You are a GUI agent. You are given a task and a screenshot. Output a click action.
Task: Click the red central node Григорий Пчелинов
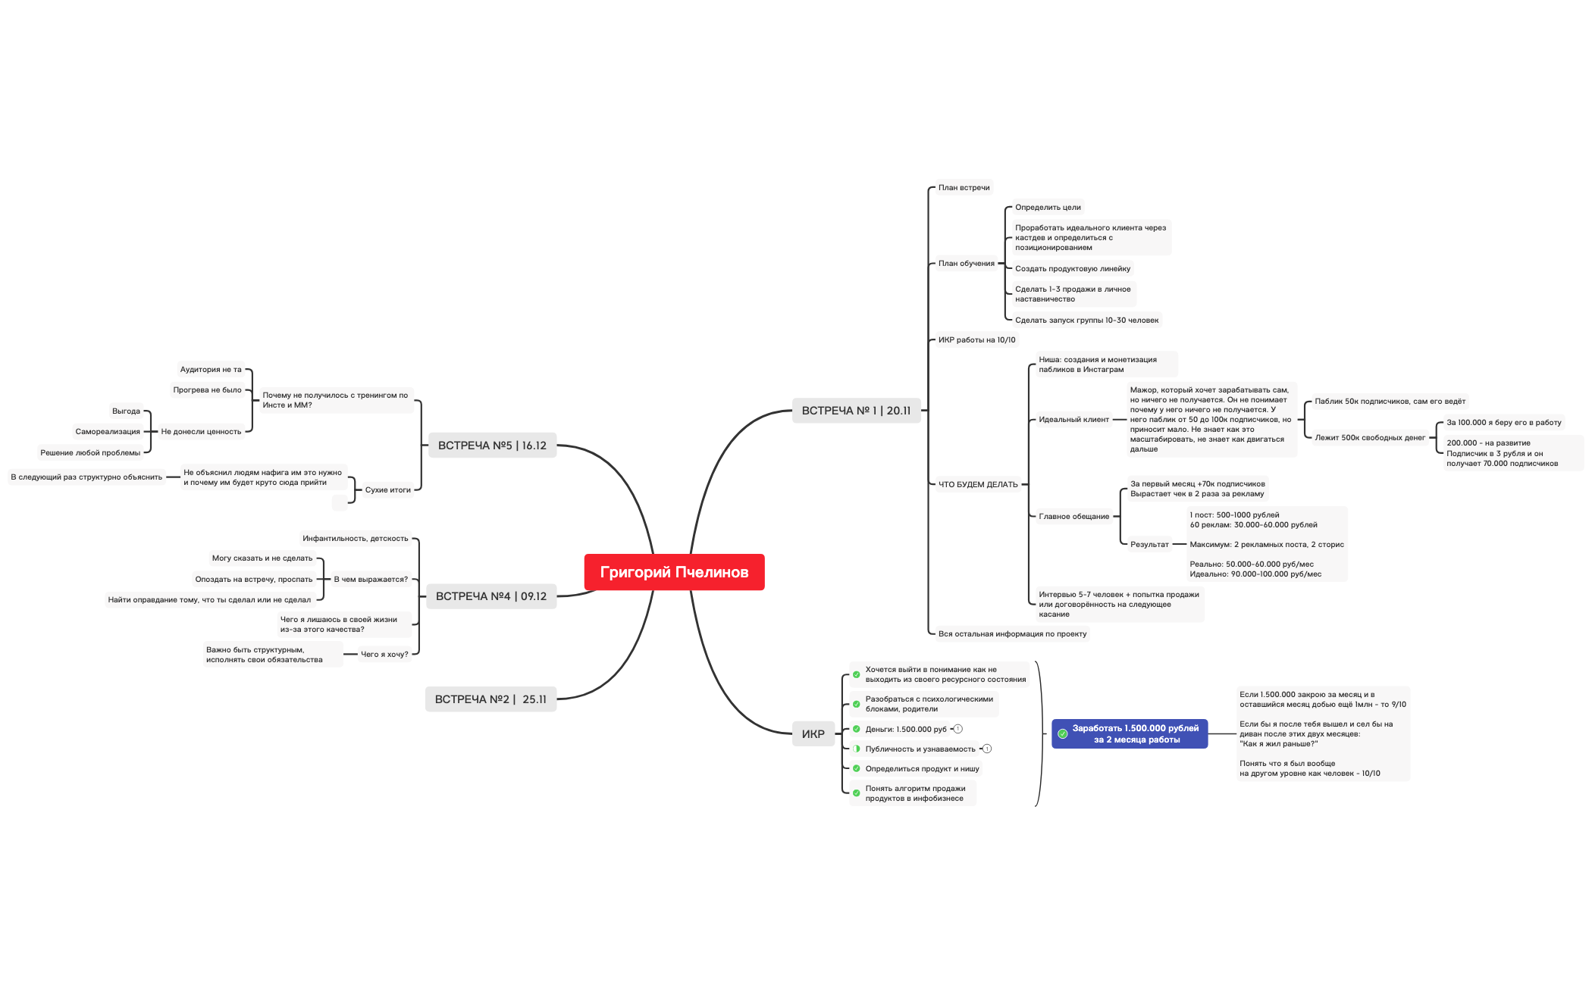coord(674,572)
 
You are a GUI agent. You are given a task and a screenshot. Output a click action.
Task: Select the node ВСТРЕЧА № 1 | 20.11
coord(856,411)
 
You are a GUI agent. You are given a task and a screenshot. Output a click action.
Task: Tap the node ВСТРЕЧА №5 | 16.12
coord(492,446)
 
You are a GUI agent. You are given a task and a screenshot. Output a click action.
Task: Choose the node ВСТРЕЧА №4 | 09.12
coord(490,596)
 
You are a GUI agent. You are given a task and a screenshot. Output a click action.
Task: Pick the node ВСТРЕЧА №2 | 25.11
coord(490,699)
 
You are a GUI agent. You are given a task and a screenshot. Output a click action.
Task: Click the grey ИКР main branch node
coord(813,734)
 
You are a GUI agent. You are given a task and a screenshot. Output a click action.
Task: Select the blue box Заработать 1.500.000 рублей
coord(1130,733)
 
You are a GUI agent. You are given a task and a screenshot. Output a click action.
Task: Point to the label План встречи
coord(964,188)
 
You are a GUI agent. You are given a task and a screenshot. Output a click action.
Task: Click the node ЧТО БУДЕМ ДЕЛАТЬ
coord(978,484)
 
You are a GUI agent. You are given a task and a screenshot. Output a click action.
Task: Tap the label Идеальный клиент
coord(1073,420)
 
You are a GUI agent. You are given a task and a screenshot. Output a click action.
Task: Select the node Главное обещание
coord(1073,517)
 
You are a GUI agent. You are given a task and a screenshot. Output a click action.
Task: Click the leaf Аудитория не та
coord(211,370)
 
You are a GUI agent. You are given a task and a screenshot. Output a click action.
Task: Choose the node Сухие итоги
coord(387,490)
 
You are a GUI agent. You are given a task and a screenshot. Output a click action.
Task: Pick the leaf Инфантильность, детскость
coord(355,539)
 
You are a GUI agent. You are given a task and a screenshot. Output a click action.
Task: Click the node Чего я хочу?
coord(384,655)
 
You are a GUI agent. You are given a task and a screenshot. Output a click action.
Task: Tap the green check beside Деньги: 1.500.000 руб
coord(857,729)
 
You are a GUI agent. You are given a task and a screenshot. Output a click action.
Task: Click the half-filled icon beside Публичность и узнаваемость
coord(857,749)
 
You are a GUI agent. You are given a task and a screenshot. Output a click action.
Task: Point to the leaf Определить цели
coord(1048,208)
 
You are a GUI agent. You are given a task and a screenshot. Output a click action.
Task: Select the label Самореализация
coord(108,432)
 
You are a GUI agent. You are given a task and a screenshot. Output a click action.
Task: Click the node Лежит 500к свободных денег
coord(1370,438)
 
